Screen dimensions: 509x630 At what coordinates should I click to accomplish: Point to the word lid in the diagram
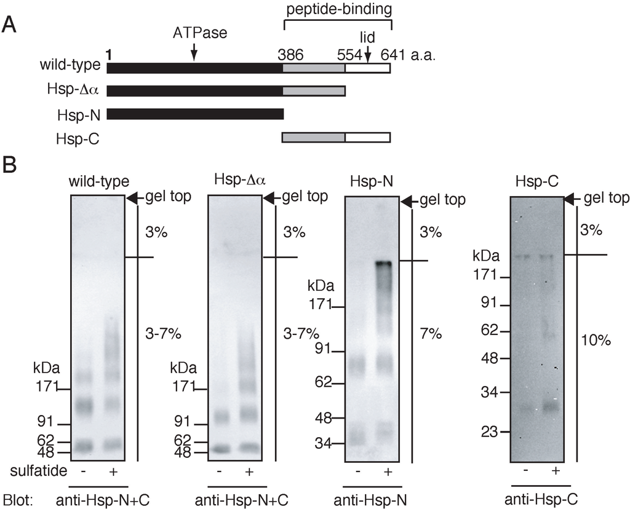[367, 38]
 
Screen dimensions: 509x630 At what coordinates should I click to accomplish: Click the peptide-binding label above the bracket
[339, 10]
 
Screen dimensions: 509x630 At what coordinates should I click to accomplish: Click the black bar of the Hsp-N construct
[194, 114]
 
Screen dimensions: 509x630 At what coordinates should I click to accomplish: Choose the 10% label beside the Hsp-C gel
[594, 340]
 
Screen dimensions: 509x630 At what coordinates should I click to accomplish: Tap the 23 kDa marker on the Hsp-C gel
[490, 432]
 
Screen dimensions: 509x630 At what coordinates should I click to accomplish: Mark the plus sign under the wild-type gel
[112, 471]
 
